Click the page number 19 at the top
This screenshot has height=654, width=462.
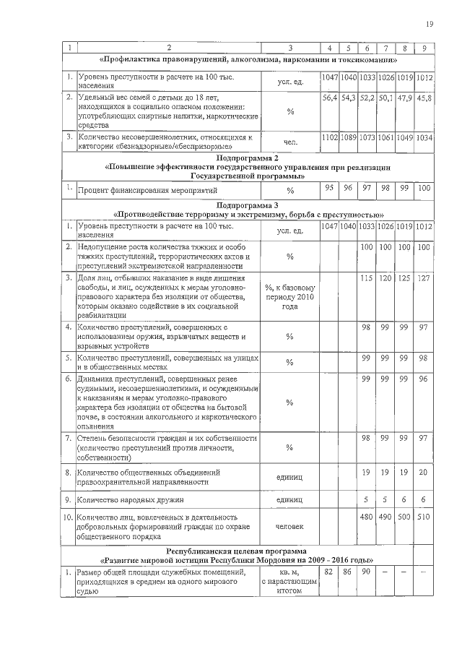click(x=430, y=25)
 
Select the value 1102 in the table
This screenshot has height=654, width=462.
click(x=329, y=137)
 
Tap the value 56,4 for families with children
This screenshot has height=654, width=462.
click(x=329, y=97)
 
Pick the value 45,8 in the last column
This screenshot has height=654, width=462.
click(x=424, y=97)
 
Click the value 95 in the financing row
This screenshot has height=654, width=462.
click(x=329, y=188)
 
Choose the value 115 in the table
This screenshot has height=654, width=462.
click(x=367, y=277)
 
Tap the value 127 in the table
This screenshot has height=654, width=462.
click(x=424, y=277)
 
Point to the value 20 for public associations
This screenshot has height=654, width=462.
click(x=424, y=472)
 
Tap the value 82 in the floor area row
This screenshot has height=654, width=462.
click(x=329, y=572)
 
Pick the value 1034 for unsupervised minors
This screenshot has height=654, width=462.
click(x=424, y=137)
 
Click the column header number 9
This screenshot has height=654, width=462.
click(x=424, y=48)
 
